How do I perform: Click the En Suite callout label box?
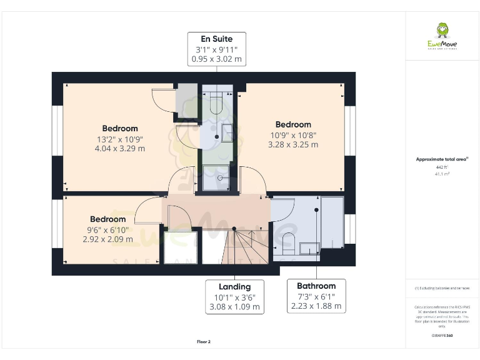(217, 49)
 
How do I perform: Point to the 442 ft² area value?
(442, 167)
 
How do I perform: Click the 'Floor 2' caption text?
(204, 342)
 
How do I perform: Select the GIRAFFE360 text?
(442, 336)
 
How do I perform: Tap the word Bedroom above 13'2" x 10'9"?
(120, 129)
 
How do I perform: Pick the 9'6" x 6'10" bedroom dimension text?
(107, 229)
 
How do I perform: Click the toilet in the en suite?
(217, 102)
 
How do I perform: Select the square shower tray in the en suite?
(217, 177)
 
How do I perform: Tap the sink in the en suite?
(227, 132)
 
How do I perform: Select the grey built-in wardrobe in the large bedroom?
(186, 100)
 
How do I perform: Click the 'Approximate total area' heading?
(442, 159)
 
